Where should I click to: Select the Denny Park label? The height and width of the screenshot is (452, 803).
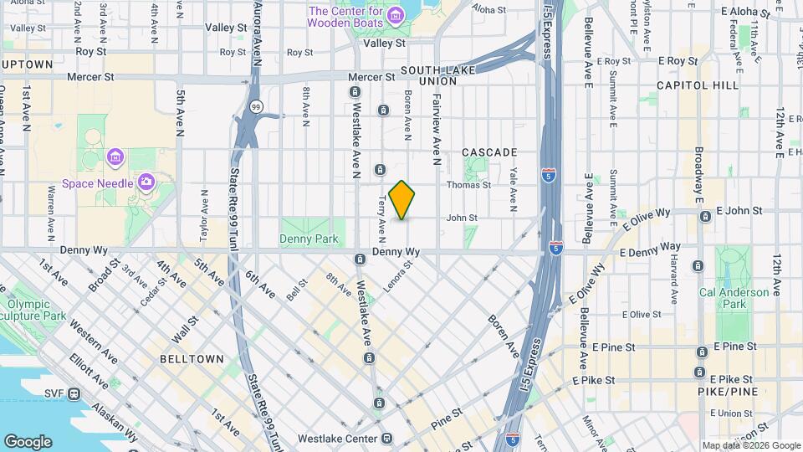309,239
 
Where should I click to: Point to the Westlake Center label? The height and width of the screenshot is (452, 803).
339,438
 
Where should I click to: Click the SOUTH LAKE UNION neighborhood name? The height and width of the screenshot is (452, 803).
428,75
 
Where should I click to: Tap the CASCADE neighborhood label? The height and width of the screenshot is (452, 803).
489,152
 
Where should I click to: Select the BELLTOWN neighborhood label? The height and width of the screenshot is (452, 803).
192,359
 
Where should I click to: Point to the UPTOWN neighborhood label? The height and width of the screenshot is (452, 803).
28,64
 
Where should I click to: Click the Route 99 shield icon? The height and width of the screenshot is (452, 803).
256,106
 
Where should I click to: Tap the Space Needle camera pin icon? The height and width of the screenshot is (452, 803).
146,181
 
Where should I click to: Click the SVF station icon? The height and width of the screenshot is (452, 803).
74,393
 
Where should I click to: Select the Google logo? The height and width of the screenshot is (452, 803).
27,441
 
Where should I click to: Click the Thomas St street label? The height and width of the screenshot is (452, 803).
492,185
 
